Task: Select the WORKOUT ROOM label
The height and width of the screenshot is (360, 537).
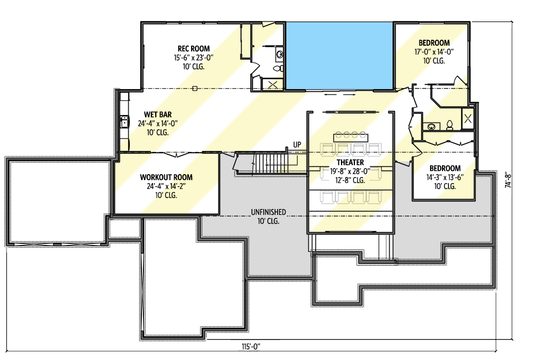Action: (166, 177)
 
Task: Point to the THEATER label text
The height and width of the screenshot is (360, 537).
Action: (351, 162)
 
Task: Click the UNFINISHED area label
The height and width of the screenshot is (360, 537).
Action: (268, 212)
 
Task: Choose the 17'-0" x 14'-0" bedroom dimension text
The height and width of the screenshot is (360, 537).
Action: (434, 52)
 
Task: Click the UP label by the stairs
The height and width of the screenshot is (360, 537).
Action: (296, 145)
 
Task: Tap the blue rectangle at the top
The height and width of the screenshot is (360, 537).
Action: (339, 55)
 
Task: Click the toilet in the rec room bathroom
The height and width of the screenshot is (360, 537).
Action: (278, 69)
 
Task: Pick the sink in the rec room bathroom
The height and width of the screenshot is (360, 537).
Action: (279, 54)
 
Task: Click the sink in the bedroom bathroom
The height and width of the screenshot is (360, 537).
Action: (431, 127)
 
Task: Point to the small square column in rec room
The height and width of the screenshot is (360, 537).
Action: (195, 88)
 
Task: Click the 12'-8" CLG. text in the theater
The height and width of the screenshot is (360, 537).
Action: (351, 180)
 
